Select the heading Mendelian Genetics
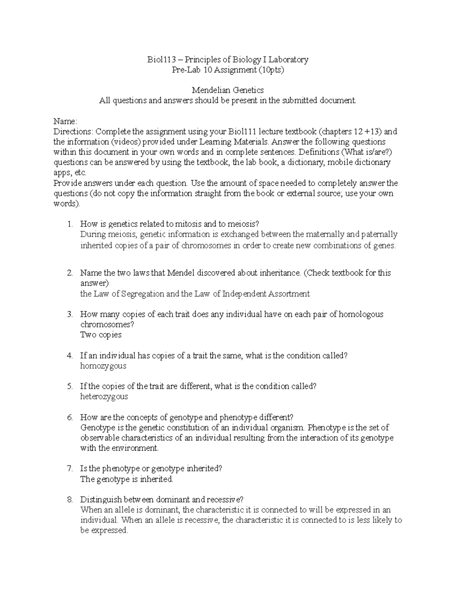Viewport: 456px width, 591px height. pos(228,90)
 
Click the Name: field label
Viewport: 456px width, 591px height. pos(65,121)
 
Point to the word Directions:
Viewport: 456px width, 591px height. pos(73,132)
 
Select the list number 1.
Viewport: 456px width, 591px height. pos(70,224)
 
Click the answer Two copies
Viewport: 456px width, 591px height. pos(101,335)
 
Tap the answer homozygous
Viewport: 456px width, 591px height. pos(103,366)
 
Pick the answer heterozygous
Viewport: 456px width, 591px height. pos(104,397)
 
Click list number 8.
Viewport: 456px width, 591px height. pos(70,499)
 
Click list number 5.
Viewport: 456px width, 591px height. pos(70,386)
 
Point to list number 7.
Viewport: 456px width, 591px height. pos(70,468)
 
